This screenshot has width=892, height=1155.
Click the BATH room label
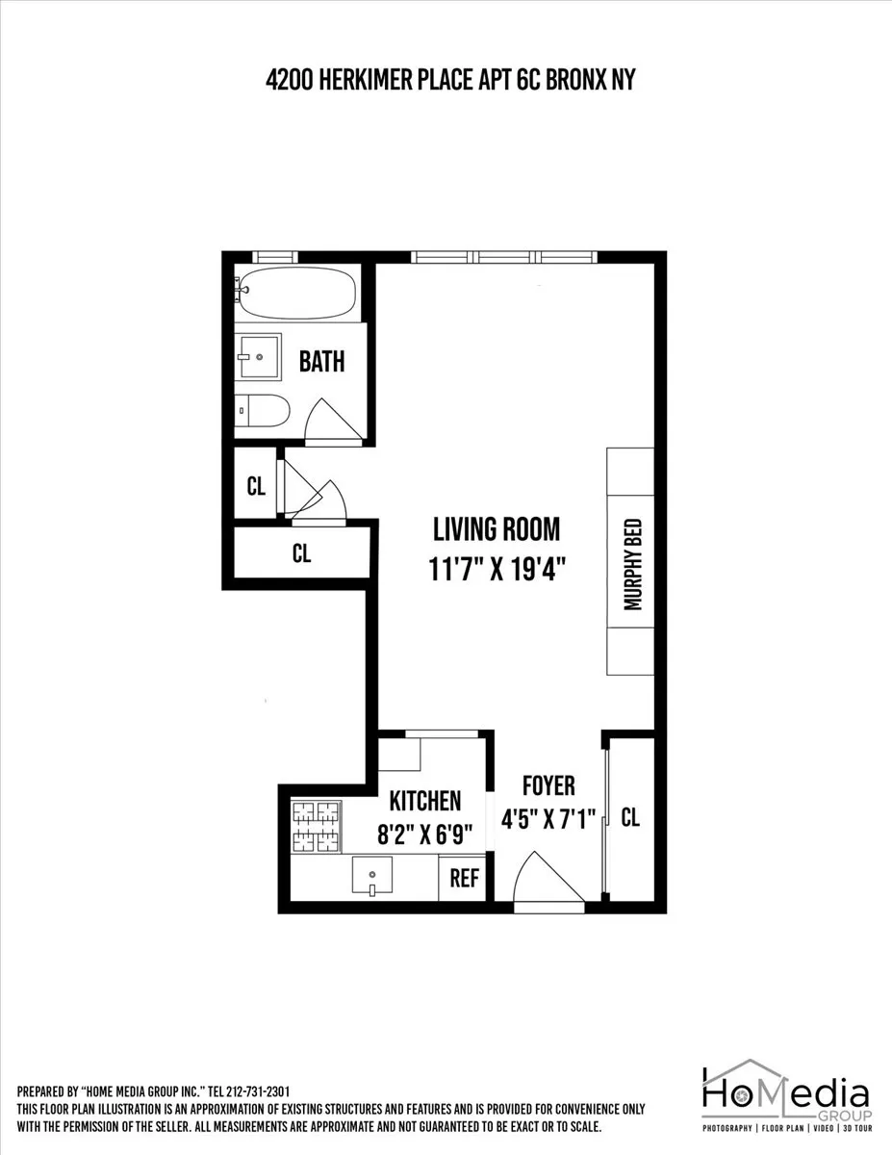pyautogui.click(x=321, y=362)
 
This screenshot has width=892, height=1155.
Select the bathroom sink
pyautogui.click(x=258, y=357)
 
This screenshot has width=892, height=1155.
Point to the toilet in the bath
pyautogui.click(x=262, y=410)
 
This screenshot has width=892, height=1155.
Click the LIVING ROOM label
pyautogui.click(x=496, y=529)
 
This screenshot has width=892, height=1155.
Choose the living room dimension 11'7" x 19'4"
pyautogui.click(x=496, y=569)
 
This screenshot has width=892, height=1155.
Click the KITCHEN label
pyautogui.click(x=424, y=800)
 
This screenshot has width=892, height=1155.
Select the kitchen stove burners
pyautogui.click(x=317, y=826)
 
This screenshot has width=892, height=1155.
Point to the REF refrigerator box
pyautogui.click(x=464, y=879)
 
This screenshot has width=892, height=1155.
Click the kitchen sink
pyautogui.click(x=372, y=877)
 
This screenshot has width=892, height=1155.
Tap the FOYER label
pyautogui.click(x=548, y=785)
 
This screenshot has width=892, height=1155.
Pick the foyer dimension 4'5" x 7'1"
pyautogui.click(x=548, y=819)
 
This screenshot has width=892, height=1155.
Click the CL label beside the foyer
pyautogui.click(x=630, y=818)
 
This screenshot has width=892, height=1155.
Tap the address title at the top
pyautogui.click(x=450, y=81)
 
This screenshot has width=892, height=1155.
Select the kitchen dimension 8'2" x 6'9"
pyautogui.click(x=424, y=834)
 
